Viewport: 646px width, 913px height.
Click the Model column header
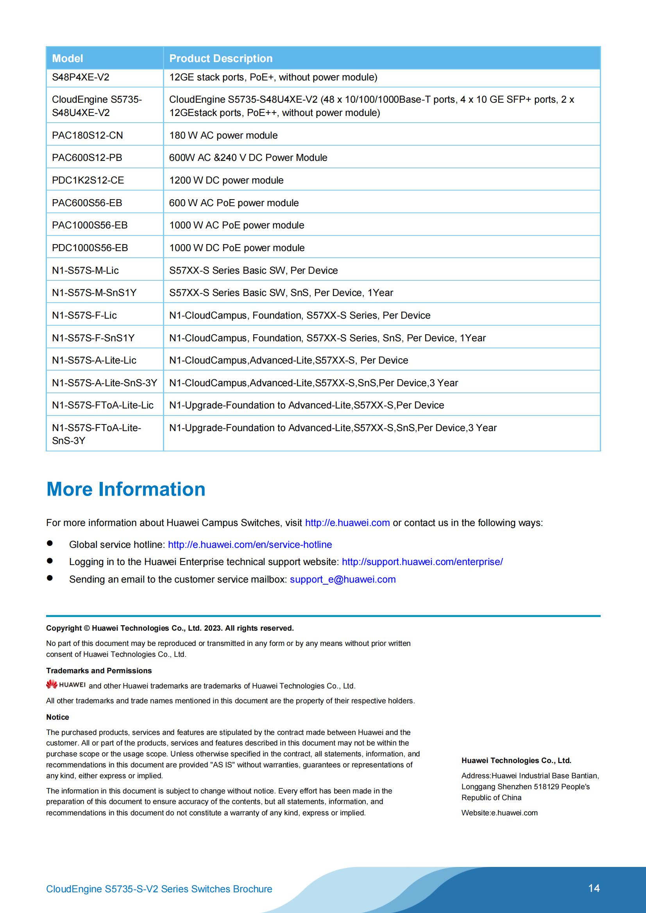68,59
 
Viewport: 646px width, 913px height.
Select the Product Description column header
221,59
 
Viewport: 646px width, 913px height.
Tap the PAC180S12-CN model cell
88,135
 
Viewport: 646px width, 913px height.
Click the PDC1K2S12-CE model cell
88,180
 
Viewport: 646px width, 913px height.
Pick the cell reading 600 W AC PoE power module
234,203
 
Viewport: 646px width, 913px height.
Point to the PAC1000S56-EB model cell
89,225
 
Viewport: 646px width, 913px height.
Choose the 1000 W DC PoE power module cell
237,248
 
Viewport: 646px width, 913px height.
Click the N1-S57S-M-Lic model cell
85,270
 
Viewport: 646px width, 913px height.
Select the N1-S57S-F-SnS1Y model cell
93,338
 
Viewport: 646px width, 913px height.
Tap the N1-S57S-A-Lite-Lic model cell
94,360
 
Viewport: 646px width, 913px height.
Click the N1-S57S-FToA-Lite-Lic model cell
103,405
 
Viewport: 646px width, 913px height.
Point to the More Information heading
126,489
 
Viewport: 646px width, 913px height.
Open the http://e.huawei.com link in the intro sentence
347,522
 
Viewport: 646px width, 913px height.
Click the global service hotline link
250,544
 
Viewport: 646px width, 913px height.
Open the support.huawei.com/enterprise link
422,562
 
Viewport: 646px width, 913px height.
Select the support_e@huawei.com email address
343,580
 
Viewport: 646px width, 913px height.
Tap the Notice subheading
58,717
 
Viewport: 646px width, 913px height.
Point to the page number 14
594,888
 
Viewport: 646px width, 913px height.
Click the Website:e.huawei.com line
499,813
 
